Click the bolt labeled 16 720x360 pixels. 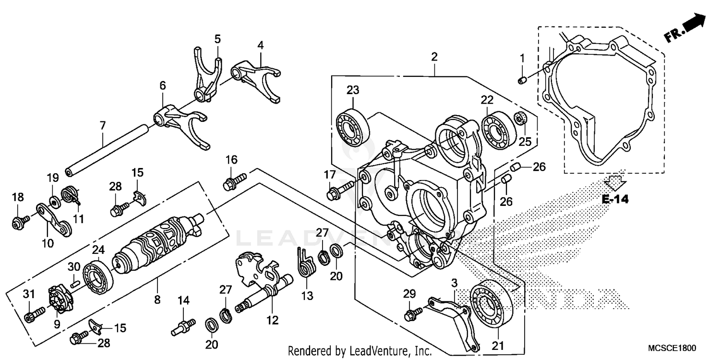(x=234, y=180)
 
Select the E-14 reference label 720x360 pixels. (x=615, y=199)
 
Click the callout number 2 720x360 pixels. (x=434, y=57)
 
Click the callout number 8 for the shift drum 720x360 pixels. (x=157, y=300)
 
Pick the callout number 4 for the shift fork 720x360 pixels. (x=260, y=46)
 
